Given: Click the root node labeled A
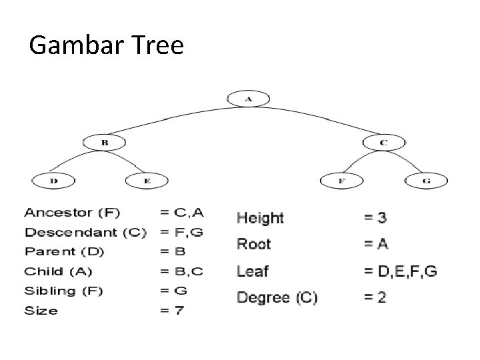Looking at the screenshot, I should pos(248,99).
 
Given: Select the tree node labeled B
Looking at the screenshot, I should pos(104,142).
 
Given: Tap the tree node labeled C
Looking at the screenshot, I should pos(383,142).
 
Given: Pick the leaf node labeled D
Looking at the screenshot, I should pos(53,180).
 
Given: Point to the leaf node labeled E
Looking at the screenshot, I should pos(147,180).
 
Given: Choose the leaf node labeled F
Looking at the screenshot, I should pos(341,180).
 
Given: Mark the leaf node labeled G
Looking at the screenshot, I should pos(426,180).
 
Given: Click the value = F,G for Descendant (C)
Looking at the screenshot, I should pos(181,233).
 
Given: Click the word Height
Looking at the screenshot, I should pos(260,218).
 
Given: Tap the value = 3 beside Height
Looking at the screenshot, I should pos(375,218).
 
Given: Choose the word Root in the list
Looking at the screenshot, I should pos(254,244).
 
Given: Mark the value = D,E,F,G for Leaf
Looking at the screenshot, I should pos(400,271).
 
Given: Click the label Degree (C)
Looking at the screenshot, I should pos(277,297).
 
